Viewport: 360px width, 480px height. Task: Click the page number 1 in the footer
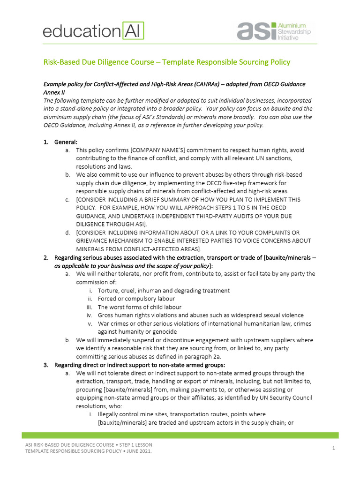point(333,449)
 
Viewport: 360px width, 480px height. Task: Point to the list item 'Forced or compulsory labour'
point(136,299)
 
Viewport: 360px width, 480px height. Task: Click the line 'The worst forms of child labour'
point(139,307)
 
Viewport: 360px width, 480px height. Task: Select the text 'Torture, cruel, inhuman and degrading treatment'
point(164,290)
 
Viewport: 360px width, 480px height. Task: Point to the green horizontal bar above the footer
point(180,435)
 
